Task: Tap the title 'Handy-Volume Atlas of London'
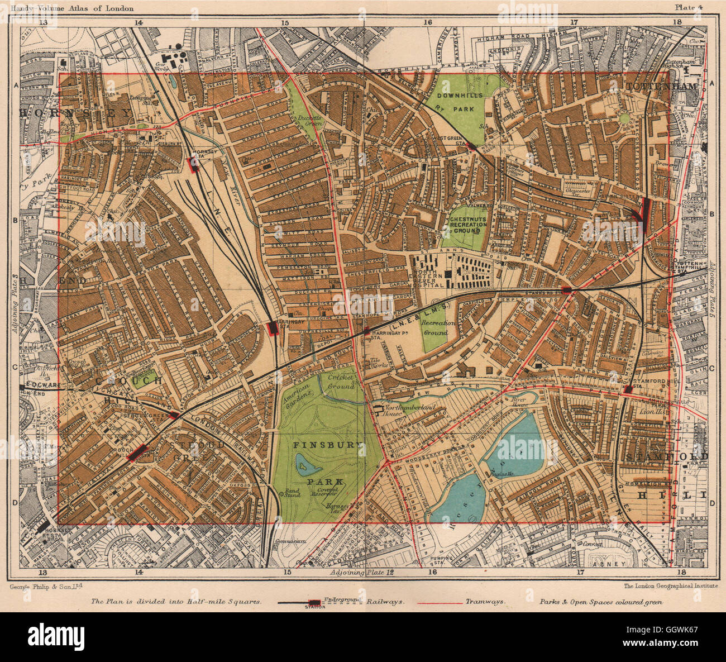(71, 7)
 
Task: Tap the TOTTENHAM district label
(662, 87)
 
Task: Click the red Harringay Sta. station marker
(273, 328)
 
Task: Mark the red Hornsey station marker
(194, 164)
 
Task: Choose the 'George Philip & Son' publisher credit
(46, 587)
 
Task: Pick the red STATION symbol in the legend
(315, 603)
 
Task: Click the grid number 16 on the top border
(428, 22)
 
